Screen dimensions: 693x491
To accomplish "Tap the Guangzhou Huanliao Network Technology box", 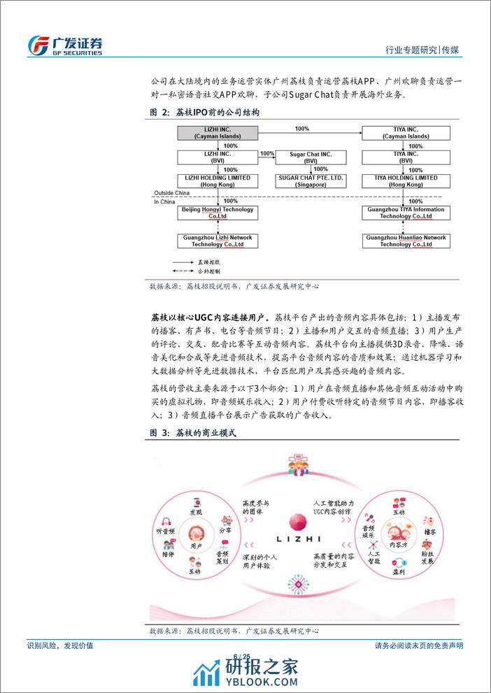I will pos(406,241).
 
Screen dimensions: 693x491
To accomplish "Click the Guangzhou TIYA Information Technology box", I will pos(406,213).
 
